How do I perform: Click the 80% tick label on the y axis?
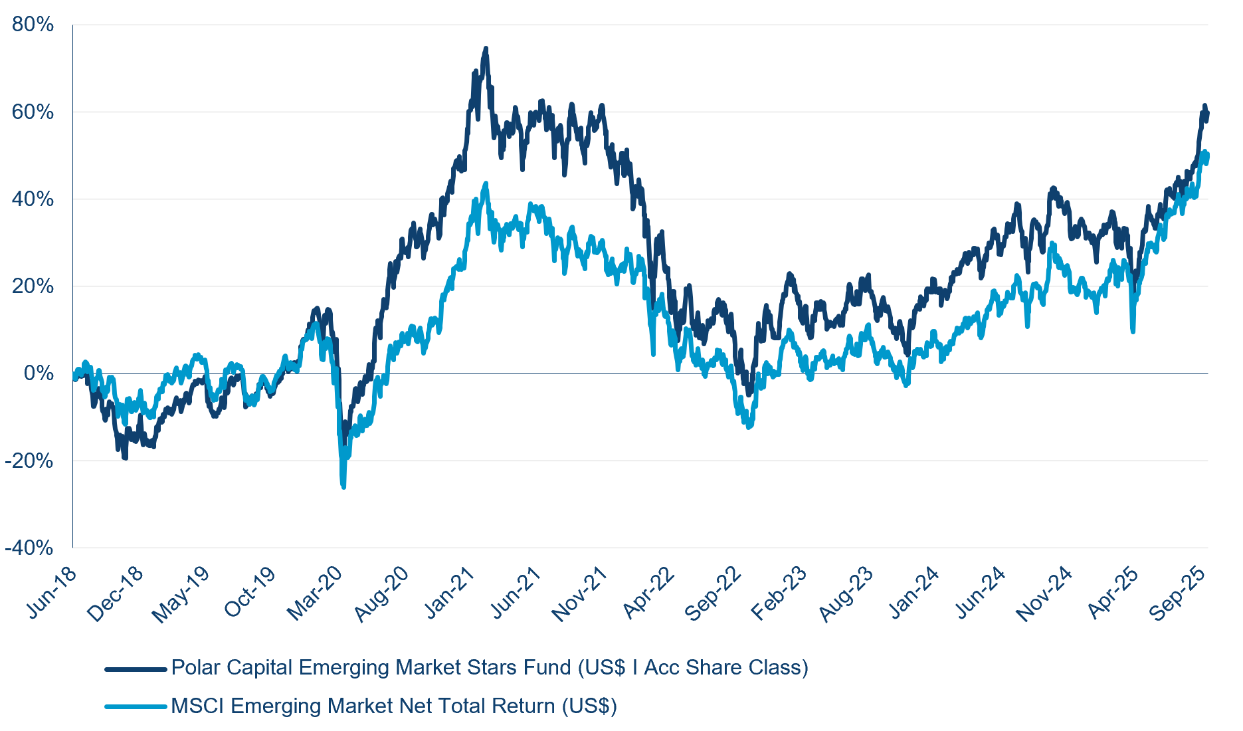(33, 25)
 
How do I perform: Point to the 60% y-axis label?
(33, 112)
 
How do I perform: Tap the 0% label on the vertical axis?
(39, 373)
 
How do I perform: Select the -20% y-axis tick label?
(29, 461)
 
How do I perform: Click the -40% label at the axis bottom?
(29, 548)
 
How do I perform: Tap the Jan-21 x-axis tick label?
(450, 593)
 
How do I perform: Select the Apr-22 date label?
(648, 593)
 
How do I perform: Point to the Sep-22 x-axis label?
(713, 593)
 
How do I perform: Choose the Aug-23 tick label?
(846, 593)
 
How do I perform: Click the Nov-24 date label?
(1044, 593)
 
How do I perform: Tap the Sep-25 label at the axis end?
(1178, 593)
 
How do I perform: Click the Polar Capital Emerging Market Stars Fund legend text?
(490, 667)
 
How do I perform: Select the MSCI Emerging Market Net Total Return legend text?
(394, 706)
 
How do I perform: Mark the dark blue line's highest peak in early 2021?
(486, 49)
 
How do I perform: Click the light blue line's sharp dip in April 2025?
(1133, 331)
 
